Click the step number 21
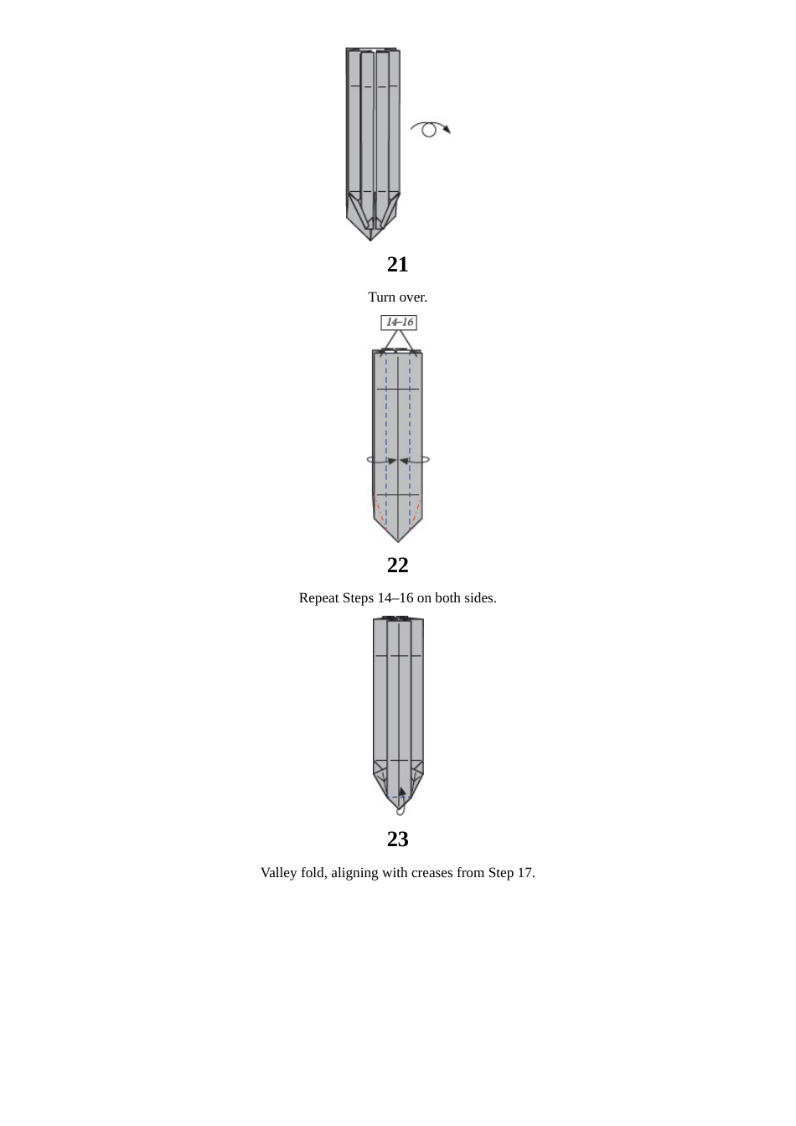tap(397, 265)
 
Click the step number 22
tap(397, 566)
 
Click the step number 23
tap(397, 839)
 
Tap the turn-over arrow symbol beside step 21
tap(430, 129)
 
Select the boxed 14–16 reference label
tap(399, 323)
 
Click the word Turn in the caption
tap(382, 297)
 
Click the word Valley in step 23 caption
tap(279, 873)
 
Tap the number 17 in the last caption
tap(525, 873)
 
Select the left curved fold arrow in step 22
tap(381, 460)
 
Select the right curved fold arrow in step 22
tap(415, 460)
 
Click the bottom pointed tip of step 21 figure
tap(370, 240)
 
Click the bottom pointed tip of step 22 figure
tap(398, 541)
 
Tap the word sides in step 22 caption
tap(480, 598)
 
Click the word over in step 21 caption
tap(413, 297)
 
